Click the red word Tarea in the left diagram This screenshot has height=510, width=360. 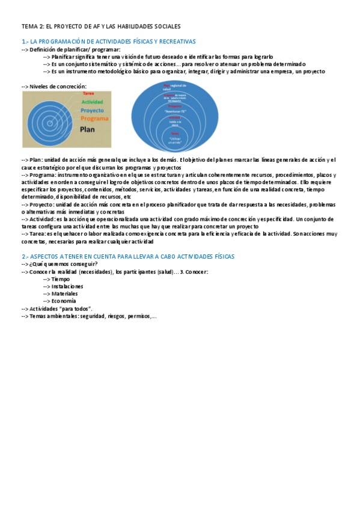88,94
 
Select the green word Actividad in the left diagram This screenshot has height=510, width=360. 91,102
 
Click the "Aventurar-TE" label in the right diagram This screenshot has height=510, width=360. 174,112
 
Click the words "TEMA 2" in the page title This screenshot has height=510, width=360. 31,26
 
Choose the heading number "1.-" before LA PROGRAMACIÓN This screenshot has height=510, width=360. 25,41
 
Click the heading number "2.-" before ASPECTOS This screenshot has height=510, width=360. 25,256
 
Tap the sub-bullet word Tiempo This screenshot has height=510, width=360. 60,279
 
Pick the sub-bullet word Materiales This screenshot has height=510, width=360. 64,293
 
